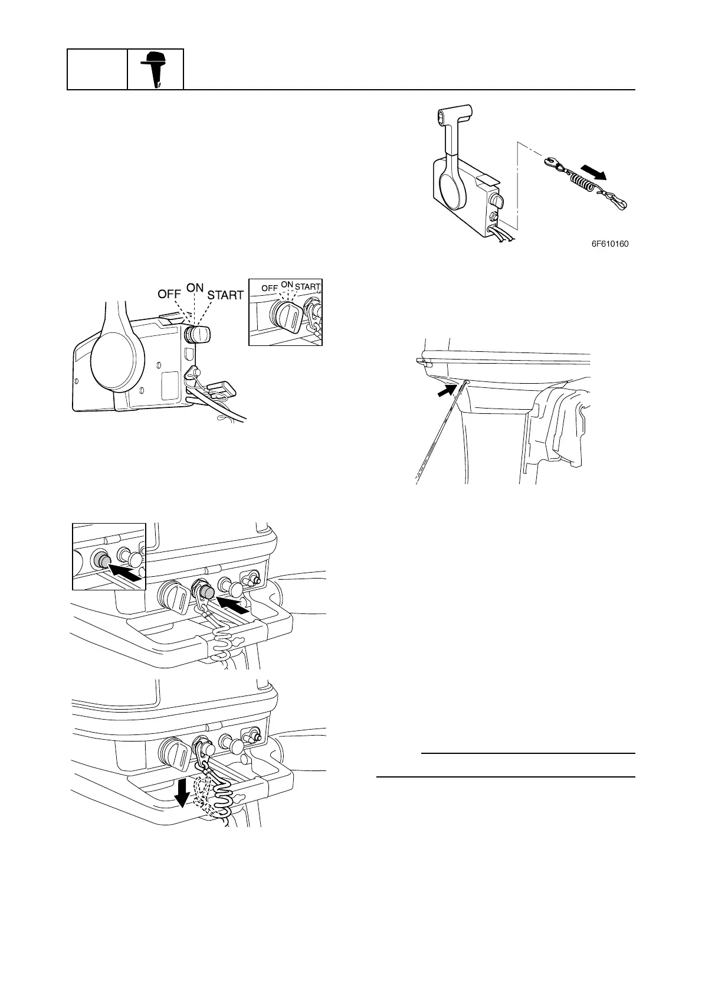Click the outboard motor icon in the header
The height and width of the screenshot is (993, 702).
[155, 69]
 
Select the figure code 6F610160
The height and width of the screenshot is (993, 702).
[609, 243]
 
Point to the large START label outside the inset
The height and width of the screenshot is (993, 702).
[225, 295]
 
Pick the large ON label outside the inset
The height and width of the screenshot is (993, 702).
[195, 288]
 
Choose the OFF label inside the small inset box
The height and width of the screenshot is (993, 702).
[270, 288]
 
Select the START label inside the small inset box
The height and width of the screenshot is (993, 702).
[307, 288]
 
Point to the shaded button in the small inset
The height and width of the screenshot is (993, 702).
[102, 561]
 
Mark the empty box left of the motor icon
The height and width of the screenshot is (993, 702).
[97, 69]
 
